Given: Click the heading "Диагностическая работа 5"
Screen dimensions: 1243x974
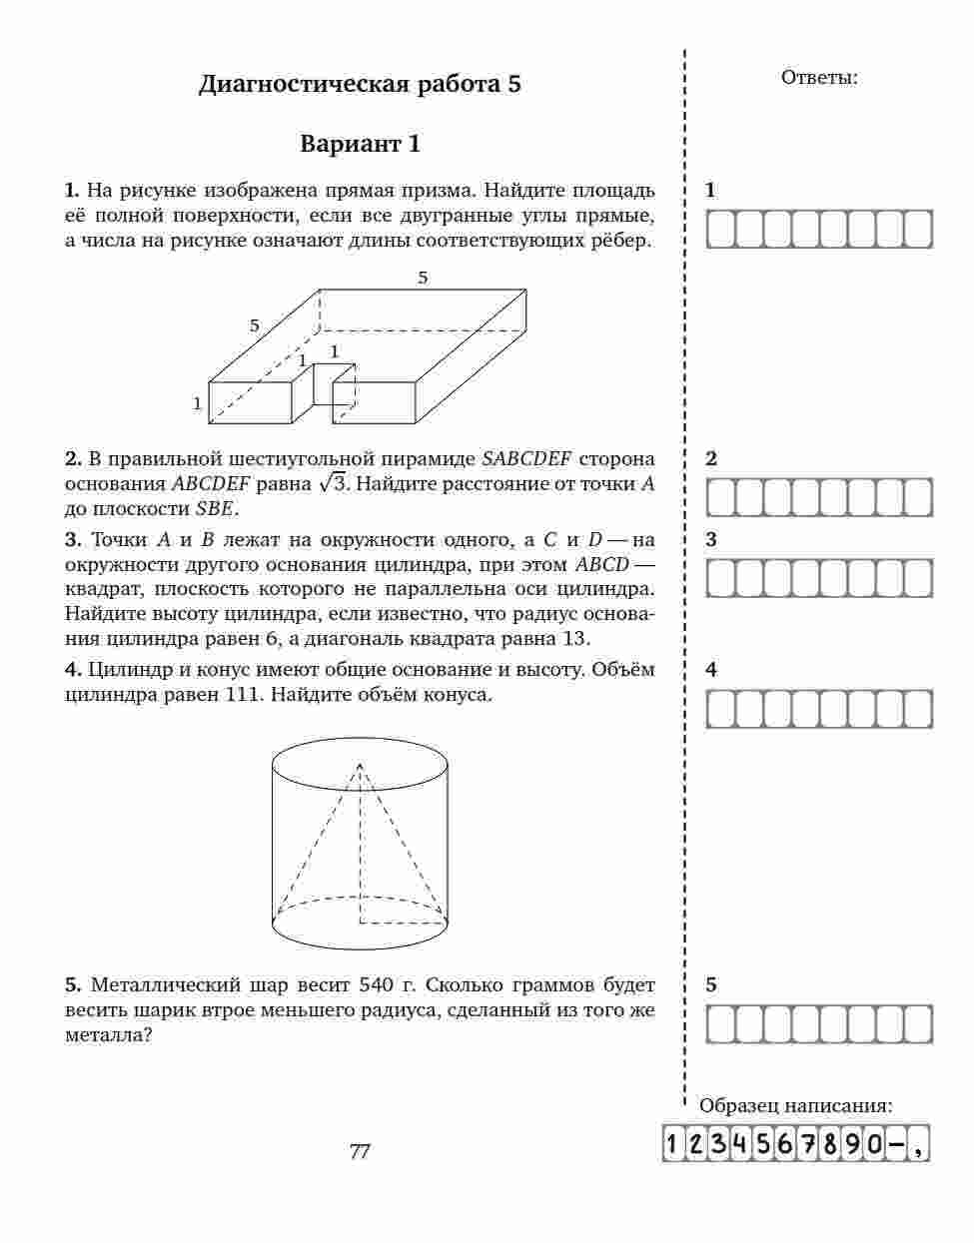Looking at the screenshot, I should (360, 84).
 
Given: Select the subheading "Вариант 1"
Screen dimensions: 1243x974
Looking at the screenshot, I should (360, 144).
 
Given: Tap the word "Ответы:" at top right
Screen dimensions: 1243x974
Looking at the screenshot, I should (818, 78).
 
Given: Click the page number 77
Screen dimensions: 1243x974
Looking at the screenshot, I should (360, 1151).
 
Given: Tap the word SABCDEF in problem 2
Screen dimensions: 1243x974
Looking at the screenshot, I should (526, 459).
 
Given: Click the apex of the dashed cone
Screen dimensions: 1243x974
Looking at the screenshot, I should (360, 764).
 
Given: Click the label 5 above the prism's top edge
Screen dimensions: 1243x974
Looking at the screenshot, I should (423, 278).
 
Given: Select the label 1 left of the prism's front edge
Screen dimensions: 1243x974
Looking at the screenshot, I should (198, 403).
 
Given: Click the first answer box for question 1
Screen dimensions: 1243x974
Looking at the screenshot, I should (721, 230).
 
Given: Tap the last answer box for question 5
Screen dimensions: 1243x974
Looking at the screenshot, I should (917, 1024).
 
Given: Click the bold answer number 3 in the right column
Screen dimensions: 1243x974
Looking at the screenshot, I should (711, 540).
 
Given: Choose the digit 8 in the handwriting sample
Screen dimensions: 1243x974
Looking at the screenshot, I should (830, 1144).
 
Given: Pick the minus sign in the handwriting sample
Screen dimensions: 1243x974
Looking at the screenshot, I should (896, 1144).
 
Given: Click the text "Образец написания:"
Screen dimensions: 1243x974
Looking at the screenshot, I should (796, 1106).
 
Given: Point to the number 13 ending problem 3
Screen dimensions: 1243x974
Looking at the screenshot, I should (575, 639).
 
